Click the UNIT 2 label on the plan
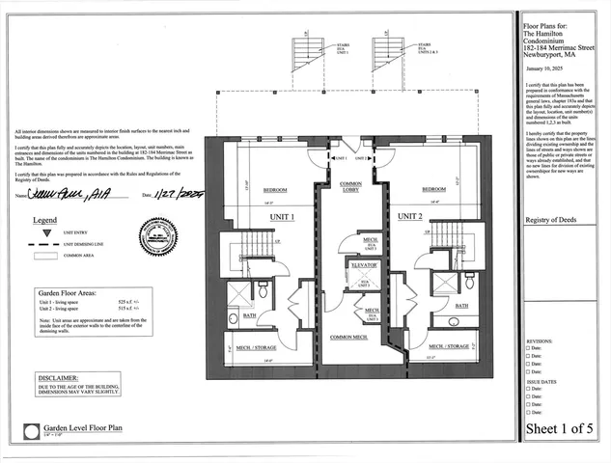tap(409, 216)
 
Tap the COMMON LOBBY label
tap(350, 186)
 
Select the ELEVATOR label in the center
tap(364, 263)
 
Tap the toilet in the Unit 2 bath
tap(469, 281)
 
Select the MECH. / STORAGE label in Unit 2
tap(449, 344)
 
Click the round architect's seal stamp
tap(157, 237)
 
